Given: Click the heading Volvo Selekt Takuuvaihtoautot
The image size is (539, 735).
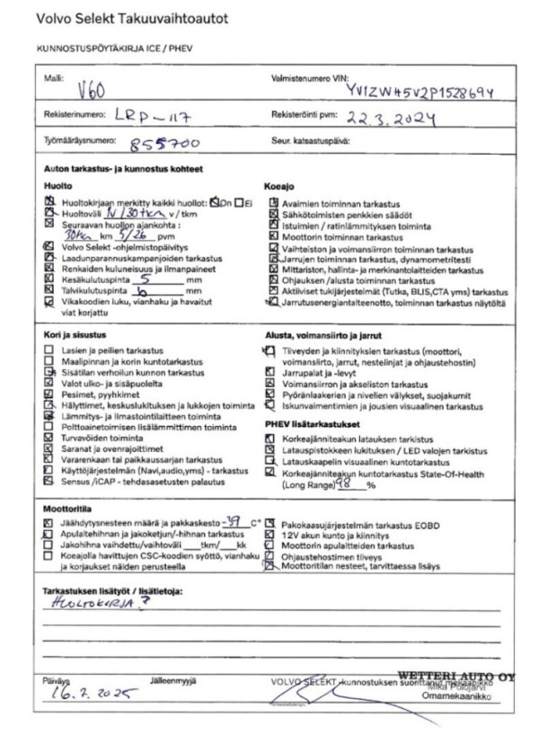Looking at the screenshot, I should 131,18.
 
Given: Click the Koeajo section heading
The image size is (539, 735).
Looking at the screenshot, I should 278,185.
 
